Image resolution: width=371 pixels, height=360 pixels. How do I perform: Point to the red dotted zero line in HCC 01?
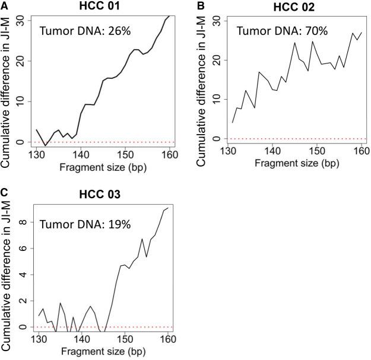point(107,142)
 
